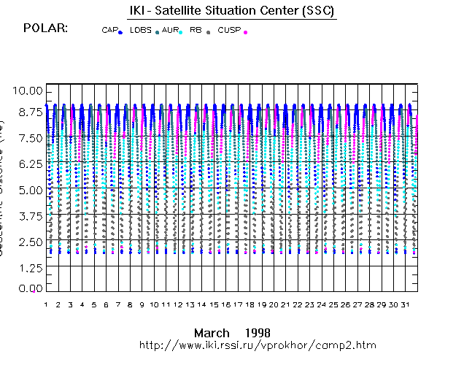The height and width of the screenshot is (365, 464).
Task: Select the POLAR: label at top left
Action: coord(45,28)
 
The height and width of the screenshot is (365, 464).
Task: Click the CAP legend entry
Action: coord(109,31)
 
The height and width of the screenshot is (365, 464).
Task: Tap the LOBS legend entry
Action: coord(141,31)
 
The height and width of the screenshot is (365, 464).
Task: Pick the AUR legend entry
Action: coord(170,31)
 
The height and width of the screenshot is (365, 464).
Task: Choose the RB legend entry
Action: coord(196,31)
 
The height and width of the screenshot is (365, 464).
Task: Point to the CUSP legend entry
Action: coord(229,31)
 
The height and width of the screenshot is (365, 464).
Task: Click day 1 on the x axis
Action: coord(46,304)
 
